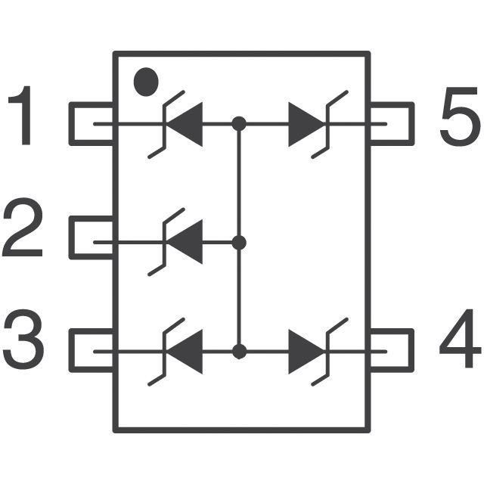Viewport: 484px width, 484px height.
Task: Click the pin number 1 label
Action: [22, 115]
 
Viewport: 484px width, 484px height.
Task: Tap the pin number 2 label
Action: [22, 227]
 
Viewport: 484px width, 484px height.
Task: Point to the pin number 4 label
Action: [461, 338]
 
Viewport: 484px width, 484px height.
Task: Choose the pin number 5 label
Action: [461, 116]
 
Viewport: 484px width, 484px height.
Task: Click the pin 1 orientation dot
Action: [146, 82]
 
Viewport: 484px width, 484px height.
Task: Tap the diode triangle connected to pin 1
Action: [185, 124]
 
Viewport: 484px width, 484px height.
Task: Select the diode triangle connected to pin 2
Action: [185, 242]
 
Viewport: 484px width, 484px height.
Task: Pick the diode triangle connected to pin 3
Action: [185, 352]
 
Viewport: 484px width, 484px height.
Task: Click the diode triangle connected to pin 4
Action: [306, 352]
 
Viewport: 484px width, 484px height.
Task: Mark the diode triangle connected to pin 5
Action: [306, 124]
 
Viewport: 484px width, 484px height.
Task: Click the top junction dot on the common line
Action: [239, 124]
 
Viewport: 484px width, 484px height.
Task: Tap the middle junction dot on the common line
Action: [239, 243]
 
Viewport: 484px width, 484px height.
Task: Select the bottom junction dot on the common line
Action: [239, 352]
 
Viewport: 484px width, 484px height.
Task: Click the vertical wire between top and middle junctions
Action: [239, 183]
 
